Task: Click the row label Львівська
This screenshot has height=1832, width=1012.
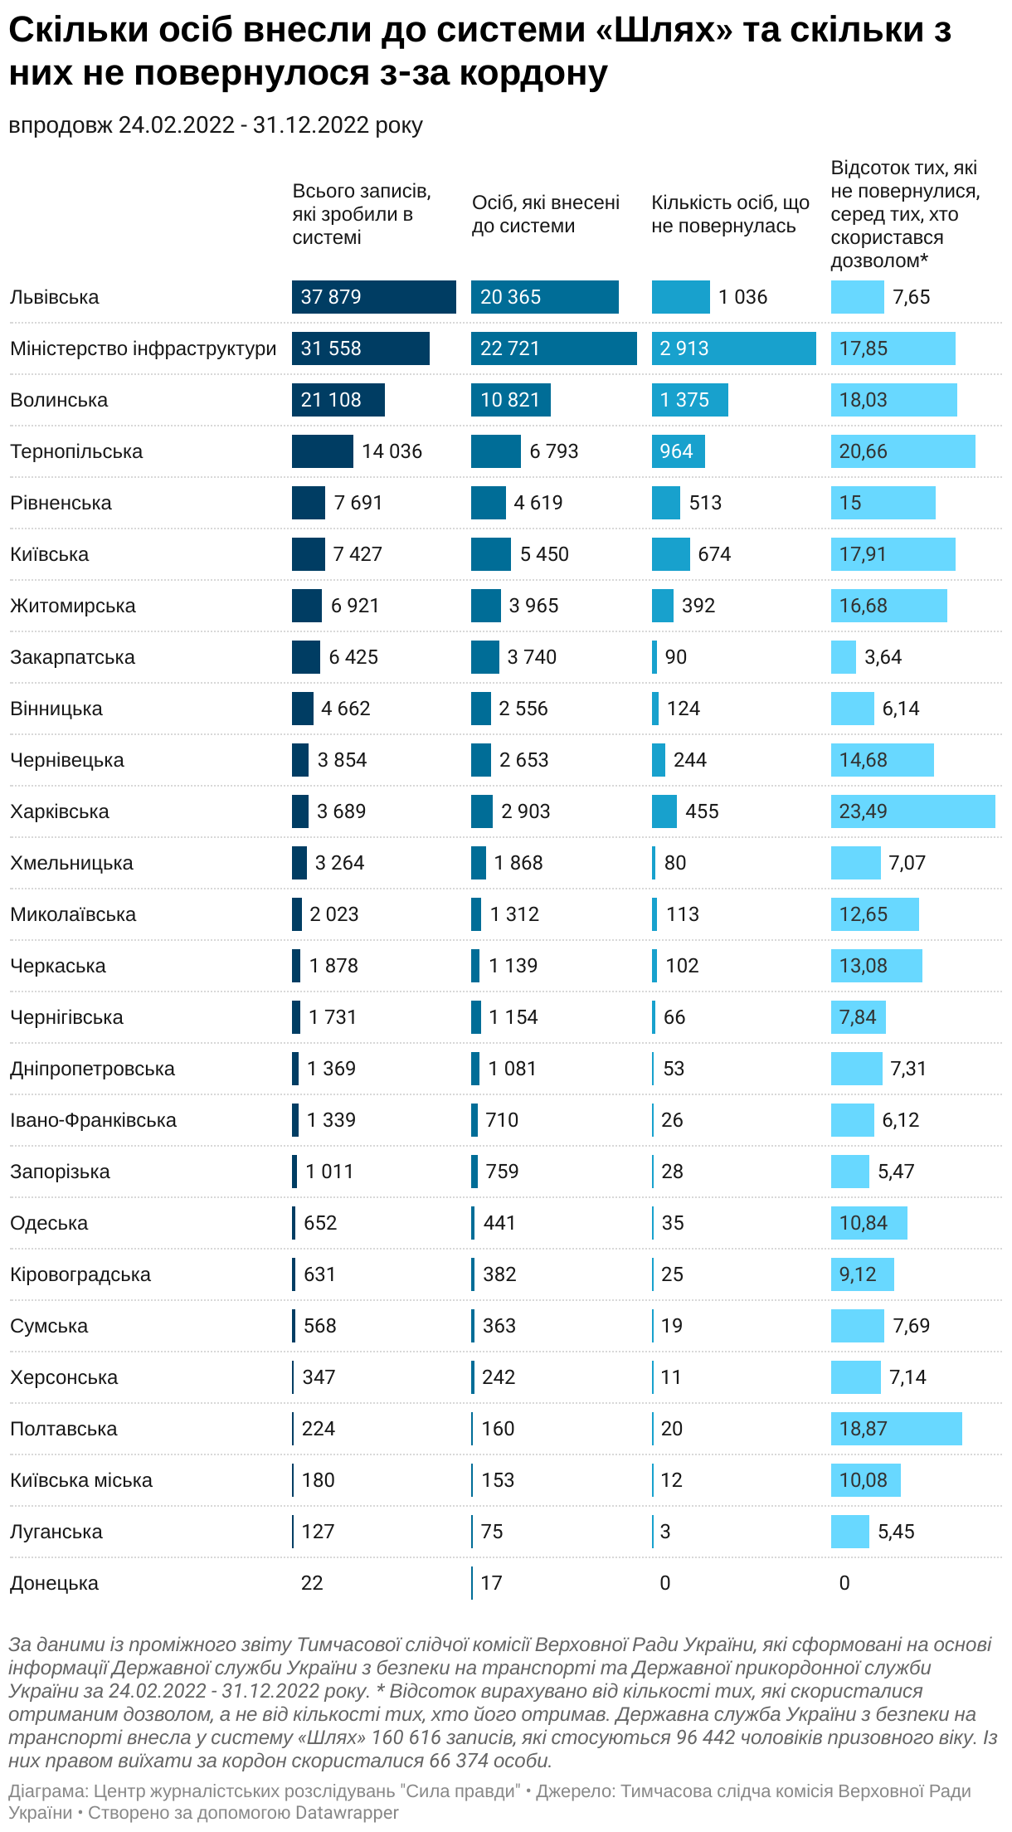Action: pos(55,297)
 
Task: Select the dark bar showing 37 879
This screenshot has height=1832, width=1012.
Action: pos(373,297)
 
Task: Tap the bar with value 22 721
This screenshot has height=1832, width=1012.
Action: pos(553,348)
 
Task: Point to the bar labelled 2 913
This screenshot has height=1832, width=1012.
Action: pos(733,348)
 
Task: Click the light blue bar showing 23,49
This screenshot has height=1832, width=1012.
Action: pos(912,811)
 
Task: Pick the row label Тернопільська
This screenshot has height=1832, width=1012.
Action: pos(76,451)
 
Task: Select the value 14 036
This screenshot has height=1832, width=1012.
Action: pos(392,451)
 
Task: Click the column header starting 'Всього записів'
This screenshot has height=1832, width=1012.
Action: pos(362,214)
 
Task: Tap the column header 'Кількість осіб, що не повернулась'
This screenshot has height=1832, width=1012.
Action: pos(730,214)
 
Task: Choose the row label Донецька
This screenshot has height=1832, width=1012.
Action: pos(55,1583)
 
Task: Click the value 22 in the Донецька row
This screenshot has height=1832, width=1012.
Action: pos(312,1583)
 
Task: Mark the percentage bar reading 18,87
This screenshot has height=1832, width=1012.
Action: pos(896,1429)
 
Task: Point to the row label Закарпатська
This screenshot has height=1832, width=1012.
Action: pos(72,657)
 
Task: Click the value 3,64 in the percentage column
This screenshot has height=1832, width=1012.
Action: pos(883,657)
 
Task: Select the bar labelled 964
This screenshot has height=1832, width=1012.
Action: pos(678,451)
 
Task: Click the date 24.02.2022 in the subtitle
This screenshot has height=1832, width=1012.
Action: pos(177,125)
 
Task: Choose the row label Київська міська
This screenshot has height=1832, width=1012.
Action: pos(81,1480)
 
